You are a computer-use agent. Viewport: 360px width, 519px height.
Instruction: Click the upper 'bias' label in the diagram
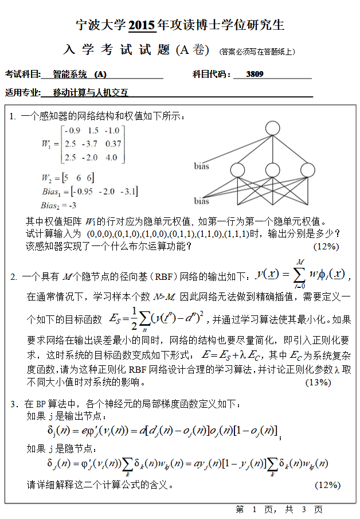[201, 166]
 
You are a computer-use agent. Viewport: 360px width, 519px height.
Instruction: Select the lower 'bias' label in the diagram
[201, 201]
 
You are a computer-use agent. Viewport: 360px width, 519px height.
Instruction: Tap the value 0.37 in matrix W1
[113, 143]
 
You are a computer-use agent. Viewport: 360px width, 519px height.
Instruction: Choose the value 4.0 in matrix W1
[111, 157]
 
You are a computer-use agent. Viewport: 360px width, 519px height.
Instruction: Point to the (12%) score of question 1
[327, 246]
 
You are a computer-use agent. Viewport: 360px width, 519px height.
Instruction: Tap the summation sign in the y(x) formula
[298, 274]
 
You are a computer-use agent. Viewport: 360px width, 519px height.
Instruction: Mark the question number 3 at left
[13, 404]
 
